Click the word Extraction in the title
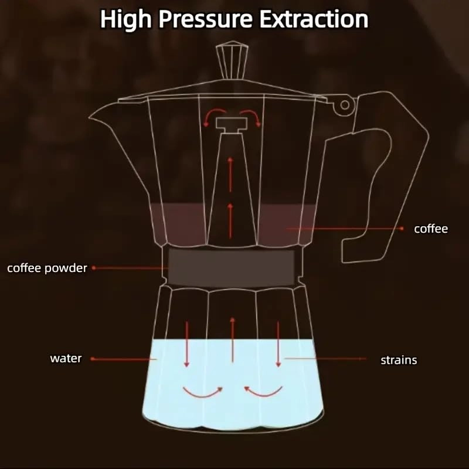[314, 19]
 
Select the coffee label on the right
[431, 229]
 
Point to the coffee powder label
[47, 269]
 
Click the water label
[66, 358]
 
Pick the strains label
[399, 360]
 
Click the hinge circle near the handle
[344, 105]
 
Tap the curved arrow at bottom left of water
[203, 390]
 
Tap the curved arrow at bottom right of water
[263, 390]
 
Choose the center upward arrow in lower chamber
[233, 340]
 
